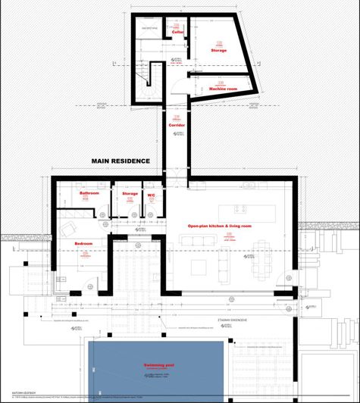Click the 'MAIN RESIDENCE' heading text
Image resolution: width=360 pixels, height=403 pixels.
point(121,161)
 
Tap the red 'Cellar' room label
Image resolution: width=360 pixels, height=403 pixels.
point(178,33)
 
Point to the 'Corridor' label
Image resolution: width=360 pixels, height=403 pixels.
point(177,124)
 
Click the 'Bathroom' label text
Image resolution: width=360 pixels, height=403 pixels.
point(90,194)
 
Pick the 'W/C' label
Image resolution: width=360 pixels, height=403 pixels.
point(151,194)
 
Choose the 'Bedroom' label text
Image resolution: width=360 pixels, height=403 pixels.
point(83,242)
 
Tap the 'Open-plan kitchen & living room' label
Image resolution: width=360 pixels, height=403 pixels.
point(220,226)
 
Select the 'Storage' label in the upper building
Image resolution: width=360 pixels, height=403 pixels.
point(218,50)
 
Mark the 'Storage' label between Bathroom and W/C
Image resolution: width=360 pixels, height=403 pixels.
point(130,194)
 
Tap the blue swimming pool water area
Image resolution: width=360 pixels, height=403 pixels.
point(159,379)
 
